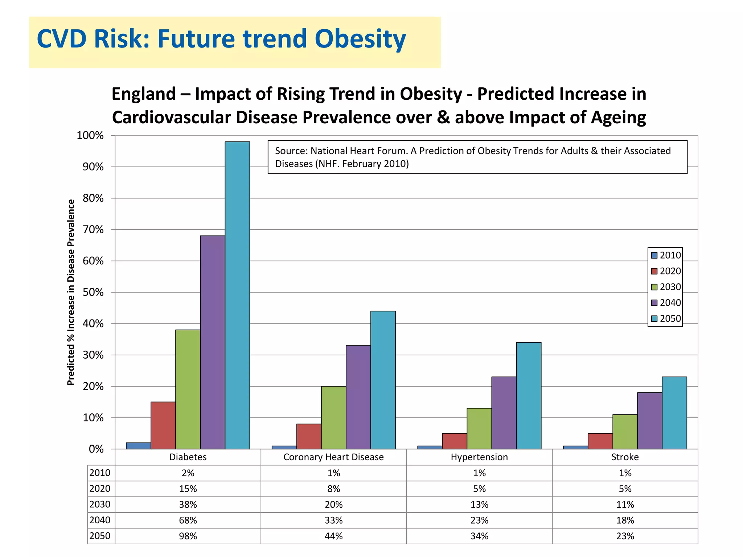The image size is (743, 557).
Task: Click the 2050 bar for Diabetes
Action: [x=237, y=295]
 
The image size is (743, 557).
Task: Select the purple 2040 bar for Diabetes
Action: [x=213, y=342]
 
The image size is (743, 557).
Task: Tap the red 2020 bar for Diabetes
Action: [x=163, y=425]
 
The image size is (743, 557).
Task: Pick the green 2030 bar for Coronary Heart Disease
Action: [x=333, y=417]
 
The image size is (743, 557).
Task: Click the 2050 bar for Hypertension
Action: [x=529, y=396]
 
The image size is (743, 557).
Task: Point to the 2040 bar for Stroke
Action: [x=649, y=421]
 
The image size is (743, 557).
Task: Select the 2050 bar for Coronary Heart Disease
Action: [x=383, y=380]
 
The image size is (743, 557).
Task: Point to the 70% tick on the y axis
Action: [x=93, y=230]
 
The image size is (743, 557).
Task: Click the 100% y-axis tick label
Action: [x=90, y=136]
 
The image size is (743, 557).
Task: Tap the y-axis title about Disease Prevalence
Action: [x=71, y=292]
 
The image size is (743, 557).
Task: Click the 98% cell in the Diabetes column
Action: [x=188, y=536]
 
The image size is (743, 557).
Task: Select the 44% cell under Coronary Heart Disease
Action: [x=333, y=536]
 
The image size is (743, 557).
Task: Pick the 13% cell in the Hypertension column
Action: [x=479, y=504]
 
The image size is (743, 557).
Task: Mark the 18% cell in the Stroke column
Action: [x=625, y=520]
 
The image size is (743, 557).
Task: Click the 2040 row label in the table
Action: [x=100, y=520]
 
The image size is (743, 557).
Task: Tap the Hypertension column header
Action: [x=479, y=457]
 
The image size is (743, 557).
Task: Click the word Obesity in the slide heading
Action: [x=360, y=39]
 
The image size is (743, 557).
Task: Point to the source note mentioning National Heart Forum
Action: [x=473, y=157]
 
